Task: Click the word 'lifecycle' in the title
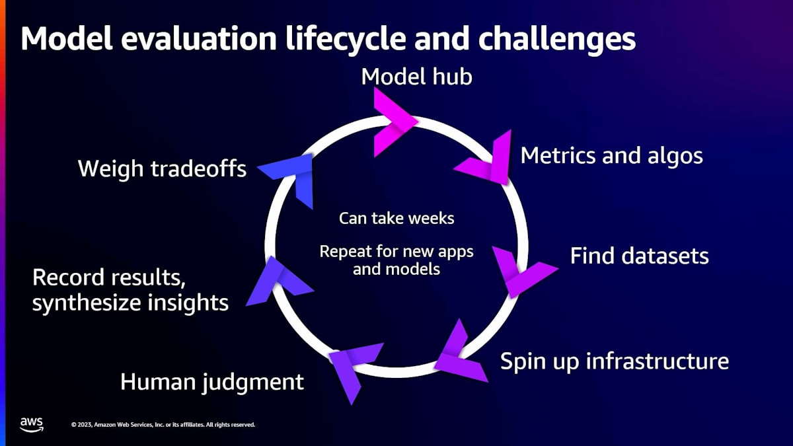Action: [345, 39]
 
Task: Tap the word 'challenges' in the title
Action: [557, 39]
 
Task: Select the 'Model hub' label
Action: [417, 77]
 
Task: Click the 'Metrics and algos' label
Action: [612, 156]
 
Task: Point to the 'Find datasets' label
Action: [640, 256]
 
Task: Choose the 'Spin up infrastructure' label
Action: [615, 361]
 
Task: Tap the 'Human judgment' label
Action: [212, 383]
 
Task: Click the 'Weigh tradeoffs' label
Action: [162, 168]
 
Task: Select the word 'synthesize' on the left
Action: [86, 303]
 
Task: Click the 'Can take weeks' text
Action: [397, 219]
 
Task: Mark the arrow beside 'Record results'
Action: [280, 281]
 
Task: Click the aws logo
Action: [32, 424]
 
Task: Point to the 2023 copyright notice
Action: [163, 424]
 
